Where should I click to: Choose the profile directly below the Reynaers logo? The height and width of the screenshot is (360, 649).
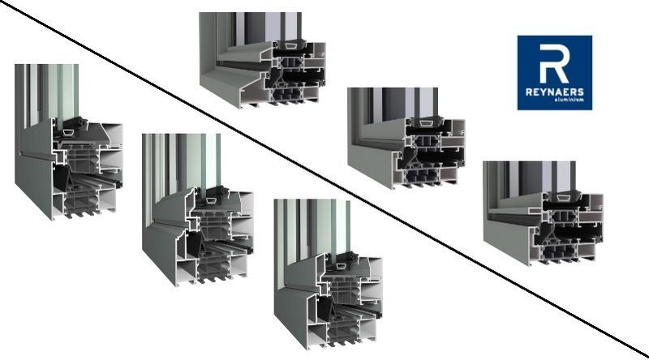(x=539, y=215)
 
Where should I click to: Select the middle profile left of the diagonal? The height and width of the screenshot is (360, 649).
(x=199, y=211)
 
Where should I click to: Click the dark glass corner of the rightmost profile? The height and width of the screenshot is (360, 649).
(x=507, y=182)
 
